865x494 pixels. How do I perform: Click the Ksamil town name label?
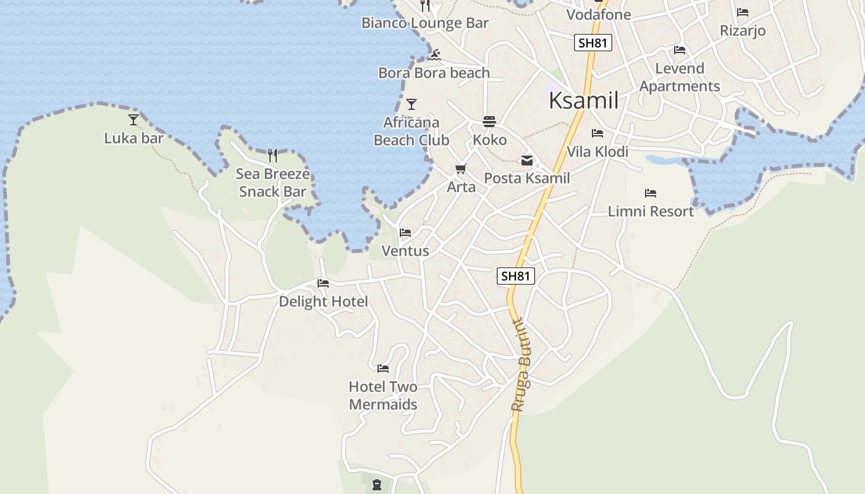coord(583,101)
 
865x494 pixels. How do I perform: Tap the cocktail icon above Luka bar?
coord(133,119)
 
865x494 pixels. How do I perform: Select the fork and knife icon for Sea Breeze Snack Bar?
coord(272,155)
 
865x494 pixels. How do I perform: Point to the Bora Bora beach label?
coord(434,73)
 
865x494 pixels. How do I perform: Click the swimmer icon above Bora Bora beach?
coord(434,55)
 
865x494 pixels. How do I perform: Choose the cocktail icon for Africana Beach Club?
coord(411,104)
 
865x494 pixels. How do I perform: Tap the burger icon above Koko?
coord(489,121)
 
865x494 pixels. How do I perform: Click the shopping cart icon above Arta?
coord(460,169)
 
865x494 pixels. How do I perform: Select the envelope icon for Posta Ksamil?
coord(527,161)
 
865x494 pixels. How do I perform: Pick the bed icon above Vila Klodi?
coord(597,133)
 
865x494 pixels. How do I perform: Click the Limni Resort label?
coord(651,211)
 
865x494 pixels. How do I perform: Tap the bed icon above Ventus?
coord(405,233)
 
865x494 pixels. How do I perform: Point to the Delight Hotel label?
coord(323,301)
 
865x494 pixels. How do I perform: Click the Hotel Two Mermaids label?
coord(383,396)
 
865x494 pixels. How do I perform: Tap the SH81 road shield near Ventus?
coord(515,276)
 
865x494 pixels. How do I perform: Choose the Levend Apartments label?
coord(680,77)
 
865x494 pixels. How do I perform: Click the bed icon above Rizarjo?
coord(743,12)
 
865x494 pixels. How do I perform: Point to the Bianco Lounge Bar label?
coord(425,23)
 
